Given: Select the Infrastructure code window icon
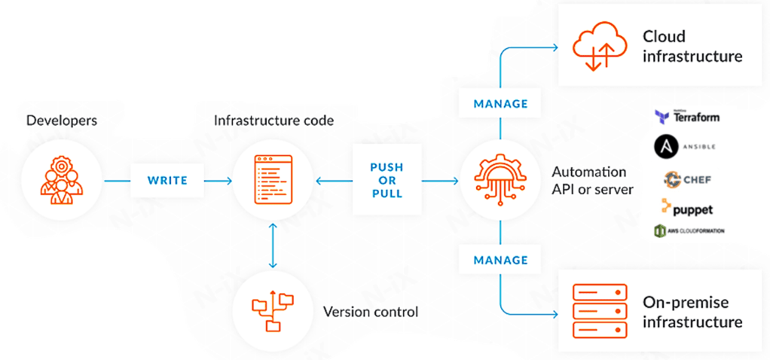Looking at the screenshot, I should (273, 181).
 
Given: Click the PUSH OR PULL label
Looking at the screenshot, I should (387, 181).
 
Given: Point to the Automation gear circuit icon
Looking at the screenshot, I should (500, 181).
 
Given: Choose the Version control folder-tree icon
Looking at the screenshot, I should (273, 310).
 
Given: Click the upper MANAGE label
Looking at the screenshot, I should (500, 103).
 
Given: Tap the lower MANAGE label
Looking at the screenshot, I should (500, 260).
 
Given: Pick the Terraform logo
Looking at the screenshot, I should (687, 117).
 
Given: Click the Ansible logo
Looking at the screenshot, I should (685, 146).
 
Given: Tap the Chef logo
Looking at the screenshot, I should (687, 179).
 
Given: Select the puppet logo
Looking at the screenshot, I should (687, 208).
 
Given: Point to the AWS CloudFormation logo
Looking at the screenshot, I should (689, 230).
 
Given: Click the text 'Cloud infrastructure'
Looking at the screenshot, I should (692, 46).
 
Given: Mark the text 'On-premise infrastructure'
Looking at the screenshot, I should (692, 312).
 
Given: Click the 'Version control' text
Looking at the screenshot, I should (370, 311).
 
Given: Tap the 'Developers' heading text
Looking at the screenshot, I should (62, 121).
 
